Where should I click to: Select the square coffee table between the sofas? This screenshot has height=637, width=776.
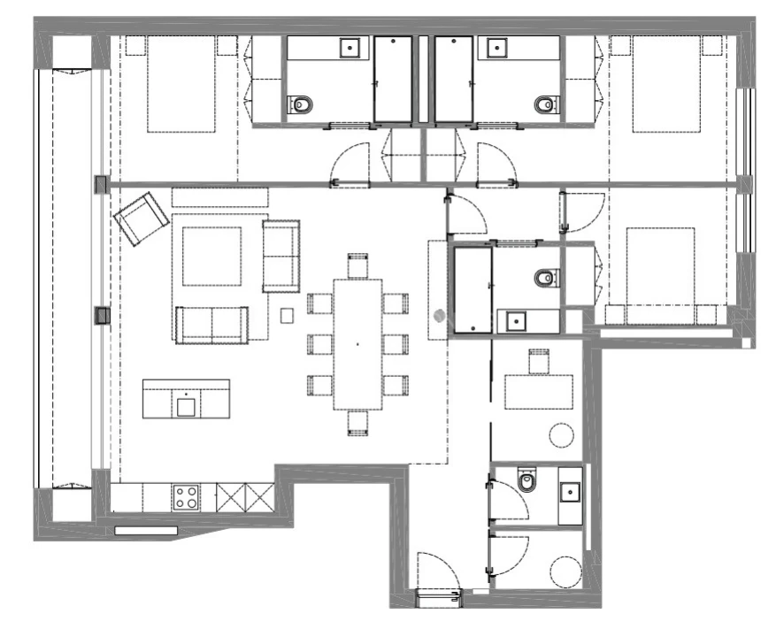tap(212, 257)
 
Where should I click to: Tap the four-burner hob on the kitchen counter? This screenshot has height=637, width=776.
tap(187, 497)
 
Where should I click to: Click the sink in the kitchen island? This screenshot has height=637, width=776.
tap(186, 406)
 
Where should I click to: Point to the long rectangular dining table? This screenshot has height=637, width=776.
tap(357, 343)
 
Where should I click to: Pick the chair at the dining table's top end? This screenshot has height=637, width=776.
tap(357, 265)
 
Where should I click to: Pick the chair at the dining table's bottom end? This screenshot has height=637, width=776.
tap(357, 422)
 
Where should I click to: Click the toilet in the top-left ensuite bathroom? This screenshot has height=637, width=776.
tap(301, 105)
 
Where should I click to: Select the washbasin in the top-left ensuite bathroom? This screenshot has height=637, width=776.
tap(351, 47)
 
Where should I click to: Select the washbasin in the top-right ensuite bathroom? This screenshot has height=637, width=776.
tap(496, 47)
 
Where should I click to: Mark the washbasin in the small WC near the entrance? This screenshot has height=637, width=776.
tap(571, 492)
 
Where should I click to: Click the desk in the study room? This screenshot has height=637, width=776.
tap(539, 392)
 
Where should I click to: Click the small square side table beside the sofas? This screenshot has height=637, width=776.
tap(287, 314)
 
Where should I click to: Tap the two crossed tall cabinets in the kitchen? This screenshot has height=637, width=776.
tap(246, 497)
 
